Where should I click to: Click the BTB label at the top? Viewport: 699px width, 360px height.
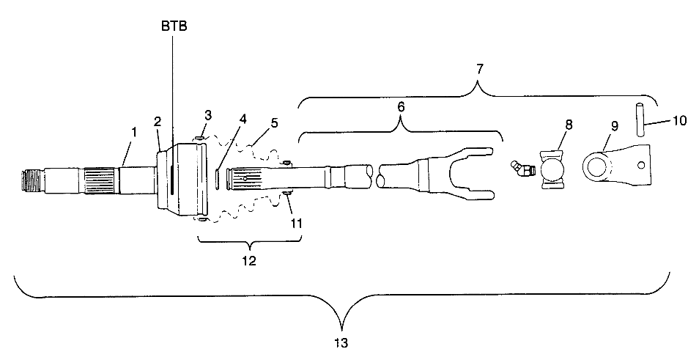(174, 26)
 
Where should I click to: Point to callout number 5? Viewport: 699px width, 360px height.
(274, 122)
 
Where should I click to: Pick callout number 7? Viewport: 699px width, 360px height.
(478, 70)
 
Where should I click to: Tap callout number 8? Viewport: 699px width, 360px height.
(569, 125)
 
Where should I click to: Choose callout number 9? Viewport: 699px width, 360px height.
(615, 126)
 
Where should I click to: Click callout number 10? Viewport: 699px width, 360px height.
(679, 121)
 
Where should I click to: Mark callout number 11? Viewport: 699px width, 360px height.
(295, 223)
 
